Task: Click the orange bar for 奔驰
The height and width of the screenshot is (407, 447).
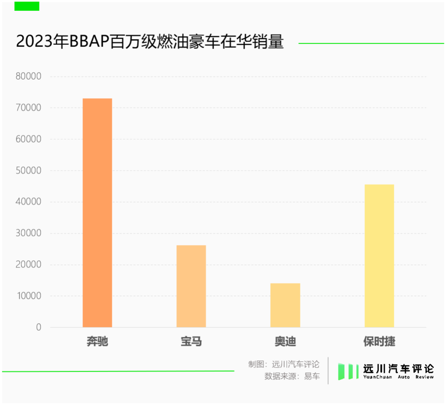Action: pos(97,213)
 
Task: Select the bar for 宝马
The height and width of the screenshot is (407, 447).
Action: pos(191,286)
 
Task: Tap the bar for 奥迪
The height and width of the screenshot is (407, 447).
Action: pos(285,305)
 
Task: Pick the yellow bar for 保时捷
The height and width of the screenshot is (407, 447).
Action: pos(379,256)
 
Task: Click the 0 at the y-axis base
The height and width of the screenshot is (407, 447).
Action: pos(38,327)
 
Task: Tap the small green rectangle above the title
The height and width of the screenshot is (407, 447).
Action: pos(27,6)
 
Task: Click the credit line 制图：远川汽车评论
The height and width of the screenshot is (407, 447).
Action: pos(284,364)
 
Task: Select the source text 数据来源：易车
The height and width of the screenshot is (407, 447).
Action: pos(292,376)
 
